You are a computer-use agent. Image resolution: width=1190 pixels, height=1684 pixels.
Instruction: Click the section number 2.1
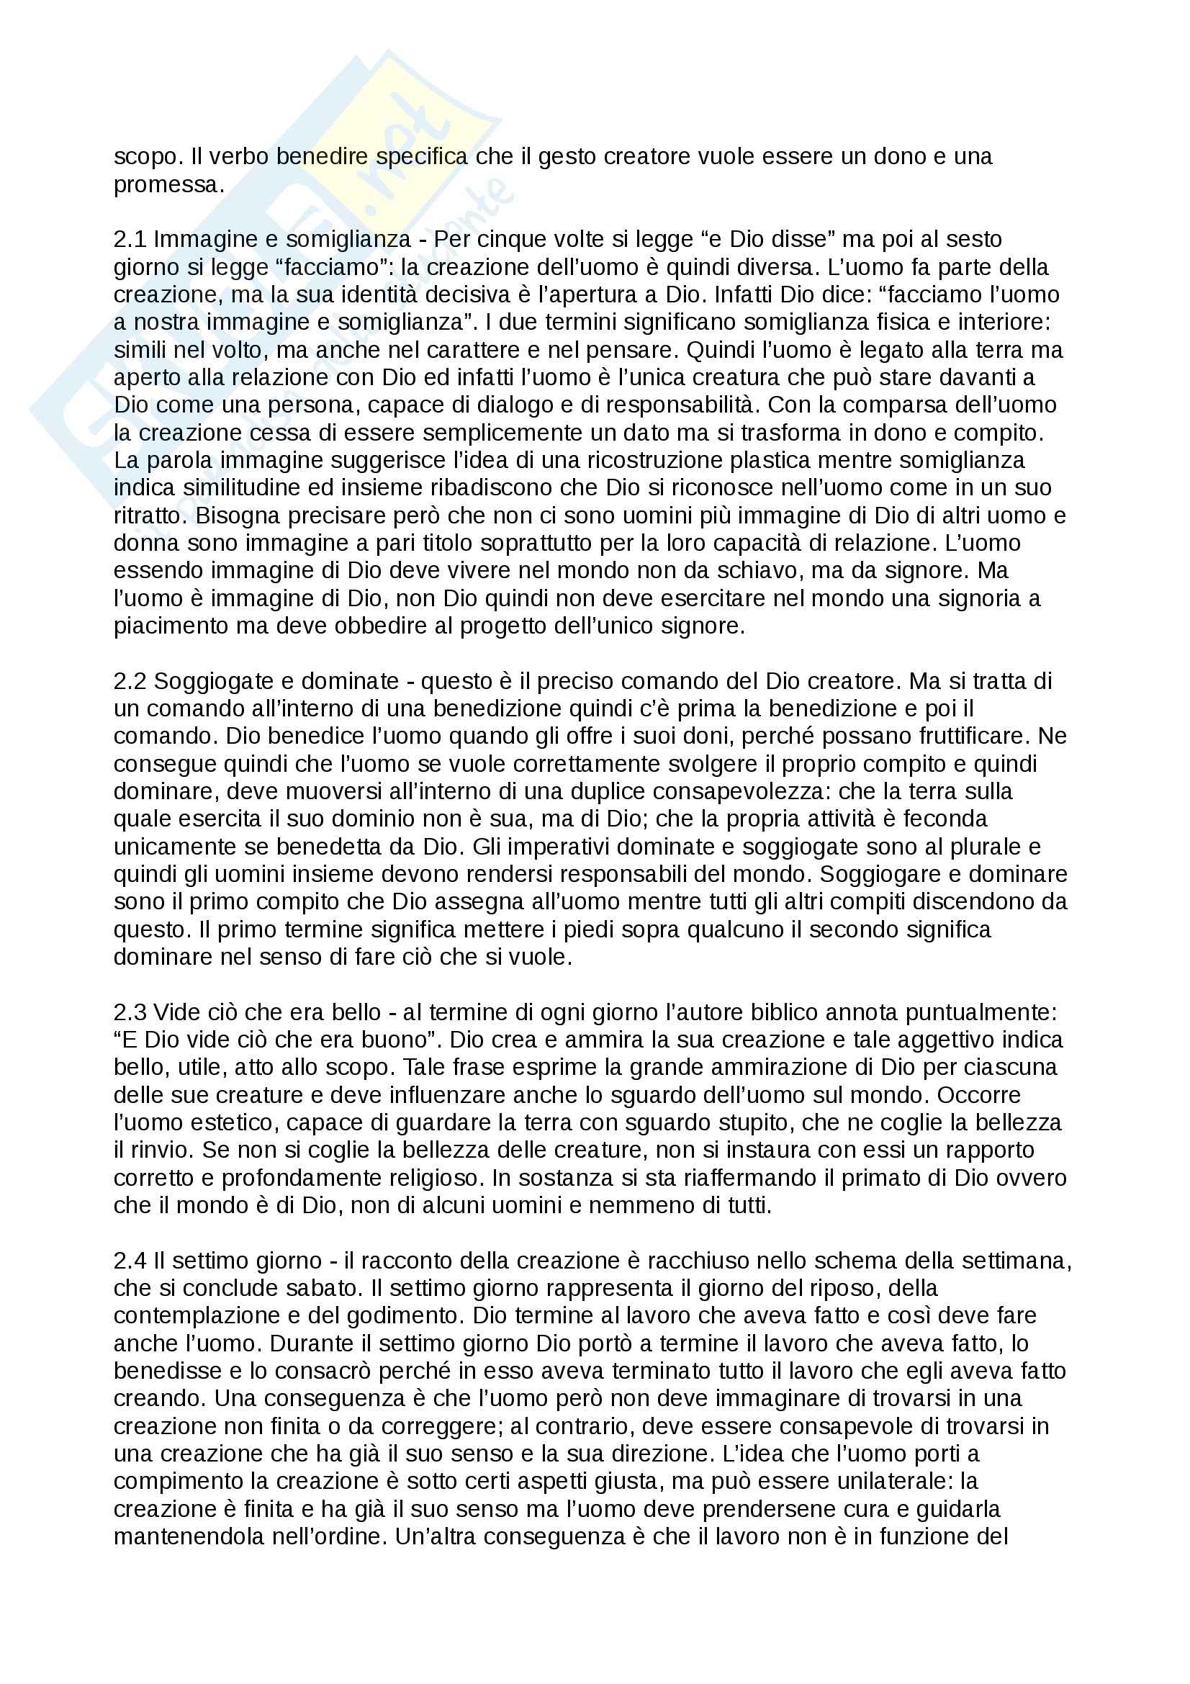click(x=130, y=239)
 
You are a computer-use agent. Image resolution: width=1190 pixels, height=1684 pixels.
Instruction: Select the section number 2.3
click(x=130, y=1012)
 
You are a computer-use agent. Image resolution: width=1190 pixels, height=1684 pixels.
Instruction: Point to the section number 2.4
click(x=130, y=1261)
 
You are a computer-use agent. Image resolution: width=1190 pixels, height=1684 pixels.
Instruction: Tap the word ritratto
click(x=148, y=515)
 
